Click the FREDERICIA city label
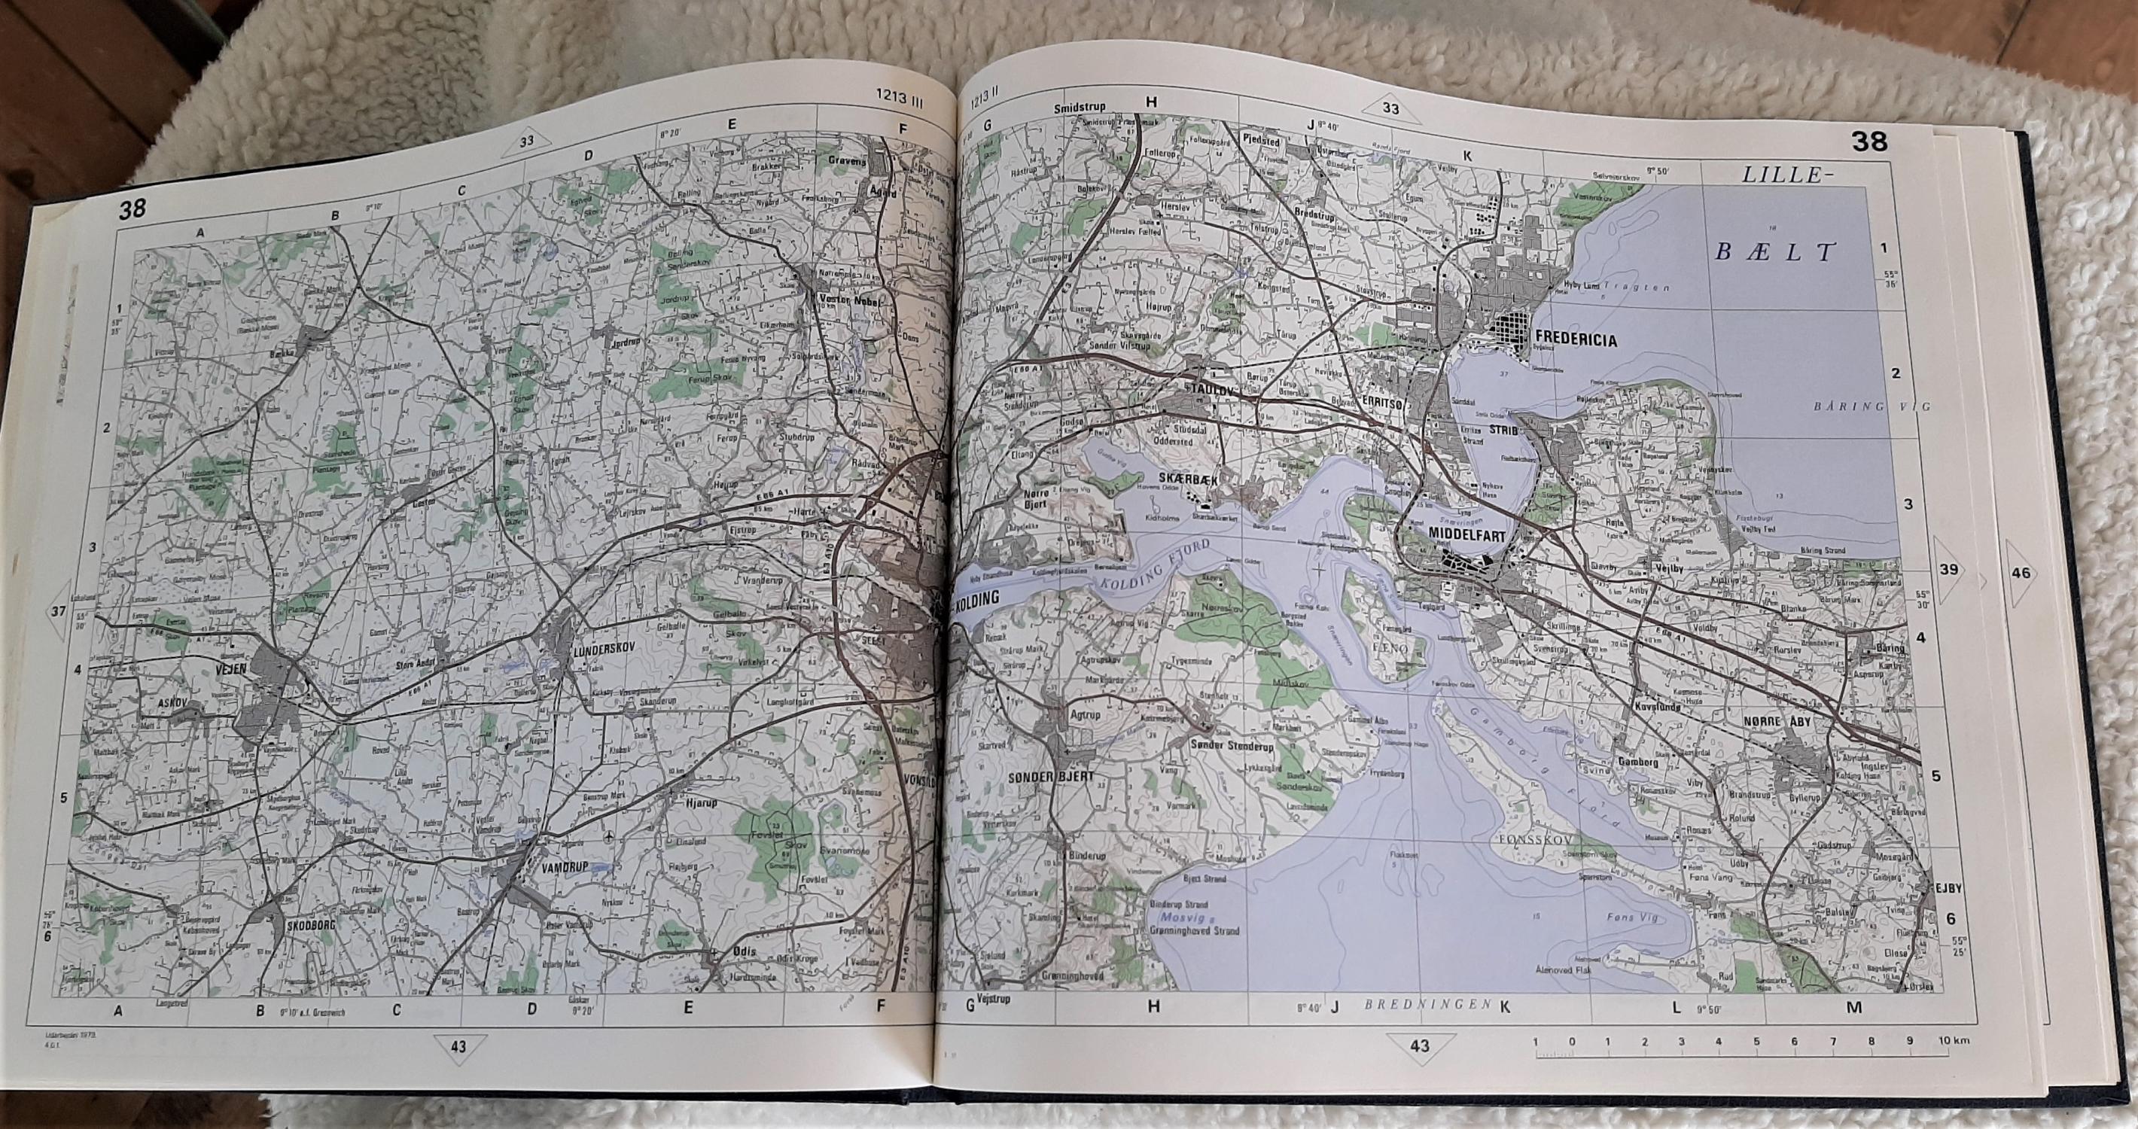point(1576,339)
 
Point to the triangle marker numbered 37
point(57,611)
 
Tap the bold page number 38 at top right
point(1868,143)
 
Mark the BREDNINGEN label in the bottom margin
point(1419,1004)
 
